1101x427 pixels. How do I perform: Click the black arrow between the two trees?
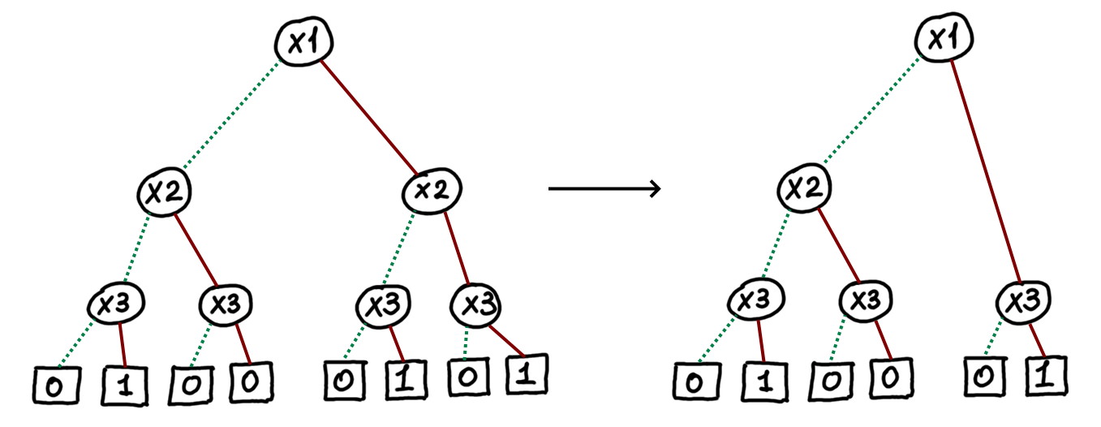(x=604, y=189)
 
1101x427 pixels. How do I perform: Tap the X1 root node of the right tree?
(x=941, y=40)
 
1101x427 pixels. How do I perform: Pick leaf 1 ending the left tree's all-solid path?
(x=525, y=376)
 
